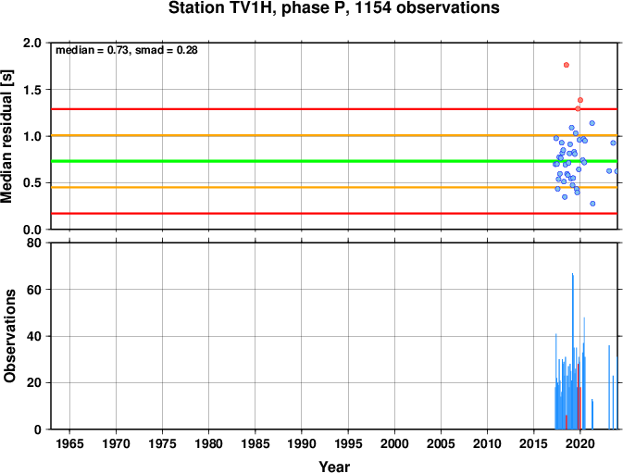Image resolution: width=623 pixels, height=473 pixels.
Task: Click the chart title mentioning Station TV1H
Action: click(x=334, y=8)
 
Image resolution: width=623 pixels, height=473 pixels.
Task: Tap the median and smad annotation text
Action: click(x=126, y=50)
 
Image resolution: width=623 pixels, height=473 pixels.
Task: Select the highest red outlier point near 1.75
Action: click(x=567, y=65)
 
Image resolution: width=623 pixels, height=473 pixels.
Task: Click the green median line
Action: click(x=334, y=161)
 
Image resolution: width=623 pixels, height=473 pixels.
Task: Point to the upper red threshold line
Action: click(x=334, y=109)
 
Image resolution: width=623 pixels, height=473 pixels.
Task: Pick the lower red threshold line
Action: click(x=334, y=214)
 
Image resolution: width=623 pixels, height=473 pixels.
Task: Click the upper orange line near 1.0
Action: click(x=334, y=135)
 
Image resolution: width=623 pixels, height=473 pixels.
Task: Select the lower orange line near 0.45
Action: click(x=334, y=188)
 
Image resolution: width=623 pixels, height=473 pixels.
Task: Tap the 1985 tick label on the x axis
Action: click(x=255, y=443)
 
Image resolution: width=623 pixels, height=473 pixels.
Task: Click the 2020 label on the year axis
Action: click(x=580, y=443)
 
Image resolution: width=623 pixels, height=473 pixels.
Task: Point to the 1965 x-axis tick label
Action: click(x=69, y=443)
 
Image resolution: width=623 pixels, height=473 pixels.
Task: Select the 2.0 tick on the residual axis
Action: click(x=32, y=43)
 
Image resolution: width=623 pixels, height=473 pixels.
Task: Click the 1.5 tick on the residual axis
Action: click(x=32, y=90)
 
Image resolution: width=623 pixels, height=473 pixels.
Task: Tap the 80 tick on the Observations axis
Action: click(x=34, y=243)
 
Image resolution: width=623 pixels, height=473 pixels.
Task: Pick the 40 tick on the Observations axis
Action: click(x=34, y=336)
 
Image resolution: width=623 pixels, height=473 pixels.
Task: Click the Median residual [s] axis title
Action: click(x=7, y=136)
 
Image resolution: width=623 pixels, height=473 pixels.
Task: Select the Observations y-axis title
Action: click(x=8, y=336)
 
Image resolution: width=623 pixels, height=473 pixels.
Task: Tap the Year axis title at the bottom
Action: click(x=334, y=467)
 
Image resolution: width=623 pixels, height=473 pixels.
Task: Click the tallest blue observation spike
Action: click(x=572, y=351)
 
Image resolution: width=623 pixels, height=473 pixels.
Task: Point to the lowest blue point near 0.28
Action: click(x=592, y=204)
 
